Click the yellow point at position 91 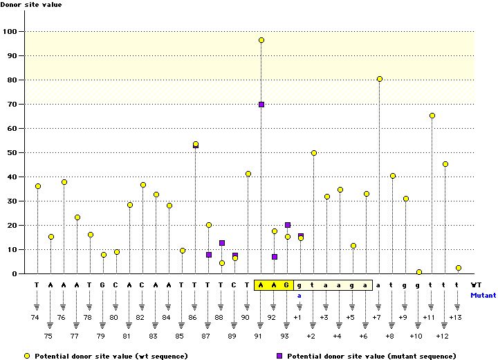[261, 40]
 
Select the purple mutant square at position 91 [261, 105]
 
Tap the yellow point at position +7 [380, 79]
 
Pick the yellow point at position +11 [432, 116]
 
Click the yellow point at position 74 [37, 186]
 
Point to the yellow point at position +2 [314, 153]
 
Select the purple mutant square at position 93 [288, 225]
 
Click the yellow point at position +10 [419, 272]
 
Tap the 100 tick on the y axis [11, 32]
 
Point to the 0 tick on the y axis [15, 274]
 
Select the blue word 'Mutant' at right [483, 295]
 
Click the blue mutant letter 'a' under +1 [300, 295]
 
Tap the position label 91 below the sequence [261, 336]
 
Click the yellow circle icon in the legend [26, 356]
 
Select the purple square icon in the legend [280, 356]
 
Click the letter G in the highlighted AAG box [287, 285]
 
